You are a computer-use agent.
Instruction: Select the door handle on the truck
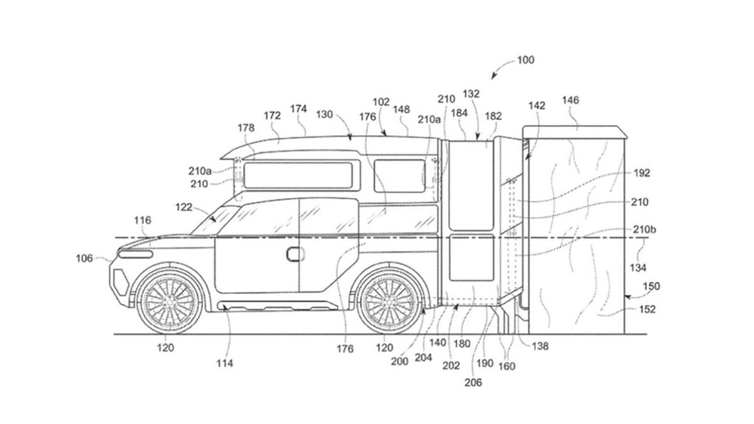(294, 254)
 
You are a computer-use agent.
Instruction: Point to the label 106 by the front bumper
(84, 258)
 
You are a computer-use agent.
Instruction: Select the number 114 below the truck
(224, 362)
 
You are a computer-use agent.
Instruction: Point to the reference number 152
(647, 309)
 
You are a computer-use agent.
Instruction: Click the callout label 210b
(647, 230)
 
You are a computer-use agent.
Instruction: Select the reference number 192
(642, 173)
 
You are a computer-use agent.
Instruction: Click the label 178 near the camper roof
(246, 128)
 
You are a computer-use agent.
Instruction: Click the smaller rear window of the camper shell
(400, 175)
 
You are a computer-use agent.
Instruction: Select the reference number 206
(474, 383)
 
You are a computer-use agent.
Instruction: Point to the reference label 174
(298, 109)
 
